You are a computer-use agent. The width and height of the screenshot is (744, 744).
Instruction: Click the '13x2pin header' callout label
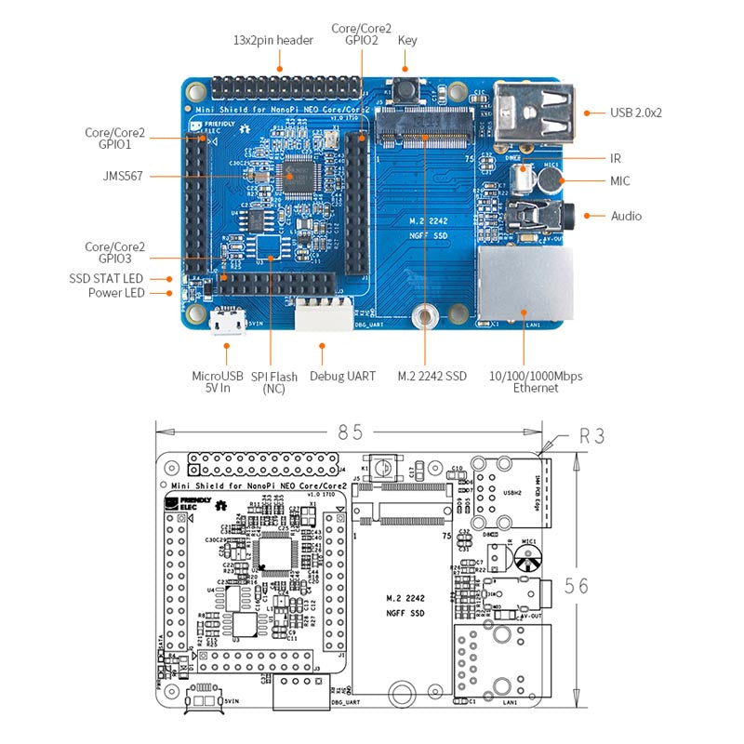click(x=272, y=40)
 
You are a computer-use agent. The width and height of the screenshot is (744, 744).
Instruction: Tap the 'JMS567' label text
click(x=123, y=175)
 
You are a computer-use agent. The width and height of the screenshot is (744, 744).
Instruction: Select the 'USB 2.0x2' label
click(x=636, y=113)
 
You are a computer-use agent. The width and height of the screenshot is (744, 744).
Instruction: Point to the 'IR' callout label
click(x=615, y=158)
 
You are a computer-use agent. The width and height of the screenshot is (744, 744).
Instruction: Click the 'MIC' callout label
click(x=620, y=180)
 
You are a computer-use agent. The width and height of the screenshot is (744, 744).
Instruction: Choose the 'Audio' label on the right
click(x=626, y=216)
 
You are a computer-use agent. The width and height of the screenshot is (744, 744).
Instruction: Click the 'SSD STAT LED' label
click(x=106, y=278)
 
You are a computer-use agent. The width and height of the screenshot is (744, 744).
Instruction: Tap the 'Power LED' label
click(x=115, y=294)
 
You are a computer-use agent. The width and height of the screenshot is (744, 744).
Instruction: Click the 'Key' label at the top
click(x=407, y=40)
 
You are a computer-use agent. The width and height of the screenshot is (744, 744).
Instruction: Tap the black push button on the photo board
click(x=406, y=92)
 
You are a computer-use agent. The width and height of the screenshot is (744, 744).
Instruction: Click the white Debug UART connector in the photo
click(x=324, y=317)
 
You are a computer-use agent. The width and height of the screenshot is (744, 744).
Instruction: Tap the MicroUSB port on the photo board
click(x=227, y=323)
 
